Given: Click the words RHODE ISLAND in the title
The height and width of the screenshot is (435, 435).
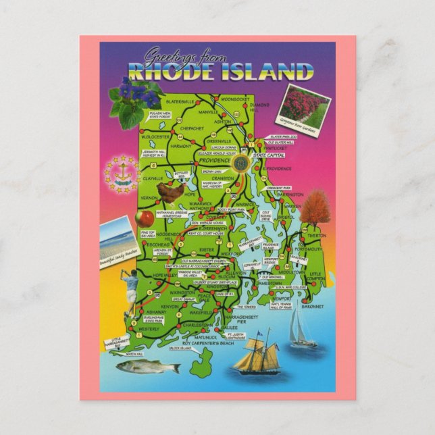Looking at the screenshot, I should tap(220, 71).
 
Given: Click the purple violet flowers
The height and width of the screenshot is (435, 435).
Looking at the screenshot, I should tap(136, 91).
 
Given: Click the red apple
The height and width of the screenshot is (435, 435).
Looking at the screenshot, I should tap(147, 217).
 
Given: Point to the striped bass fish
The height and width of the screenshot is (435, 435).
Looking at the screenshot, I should tap(148, 367).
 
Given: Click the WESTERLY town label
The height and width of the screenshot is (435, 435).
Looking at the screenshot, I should tap(149, 329).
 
